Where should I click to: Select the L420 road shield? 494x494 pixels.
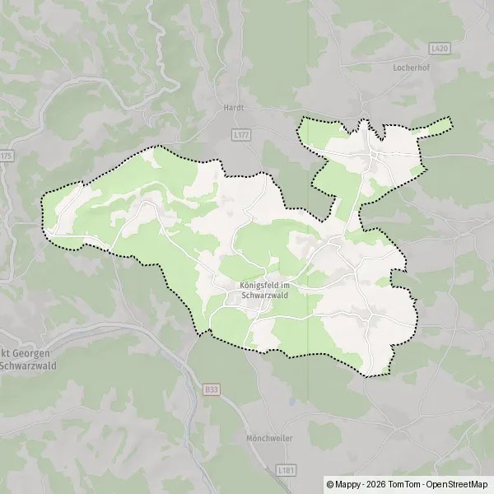click(x=440, y=49)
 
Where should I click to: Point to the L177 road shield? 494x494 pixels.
click(x=241, y=133)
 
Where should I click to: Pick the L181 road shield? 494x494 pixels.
click(x=287, y=469)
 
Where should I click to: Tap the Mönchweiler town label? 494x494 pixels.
click(x=268, y=439)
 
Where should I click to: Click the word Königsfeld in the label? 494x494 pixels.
click(x=254, y=286)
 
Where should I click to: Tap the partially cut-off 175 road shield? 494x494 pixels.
click(x=6, y=156)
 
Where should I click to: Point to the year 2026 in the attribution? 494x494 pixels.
click(x=377, y=483)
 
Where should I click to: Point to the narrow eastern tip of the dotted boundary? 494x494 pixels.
click(x=450, y=123)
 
